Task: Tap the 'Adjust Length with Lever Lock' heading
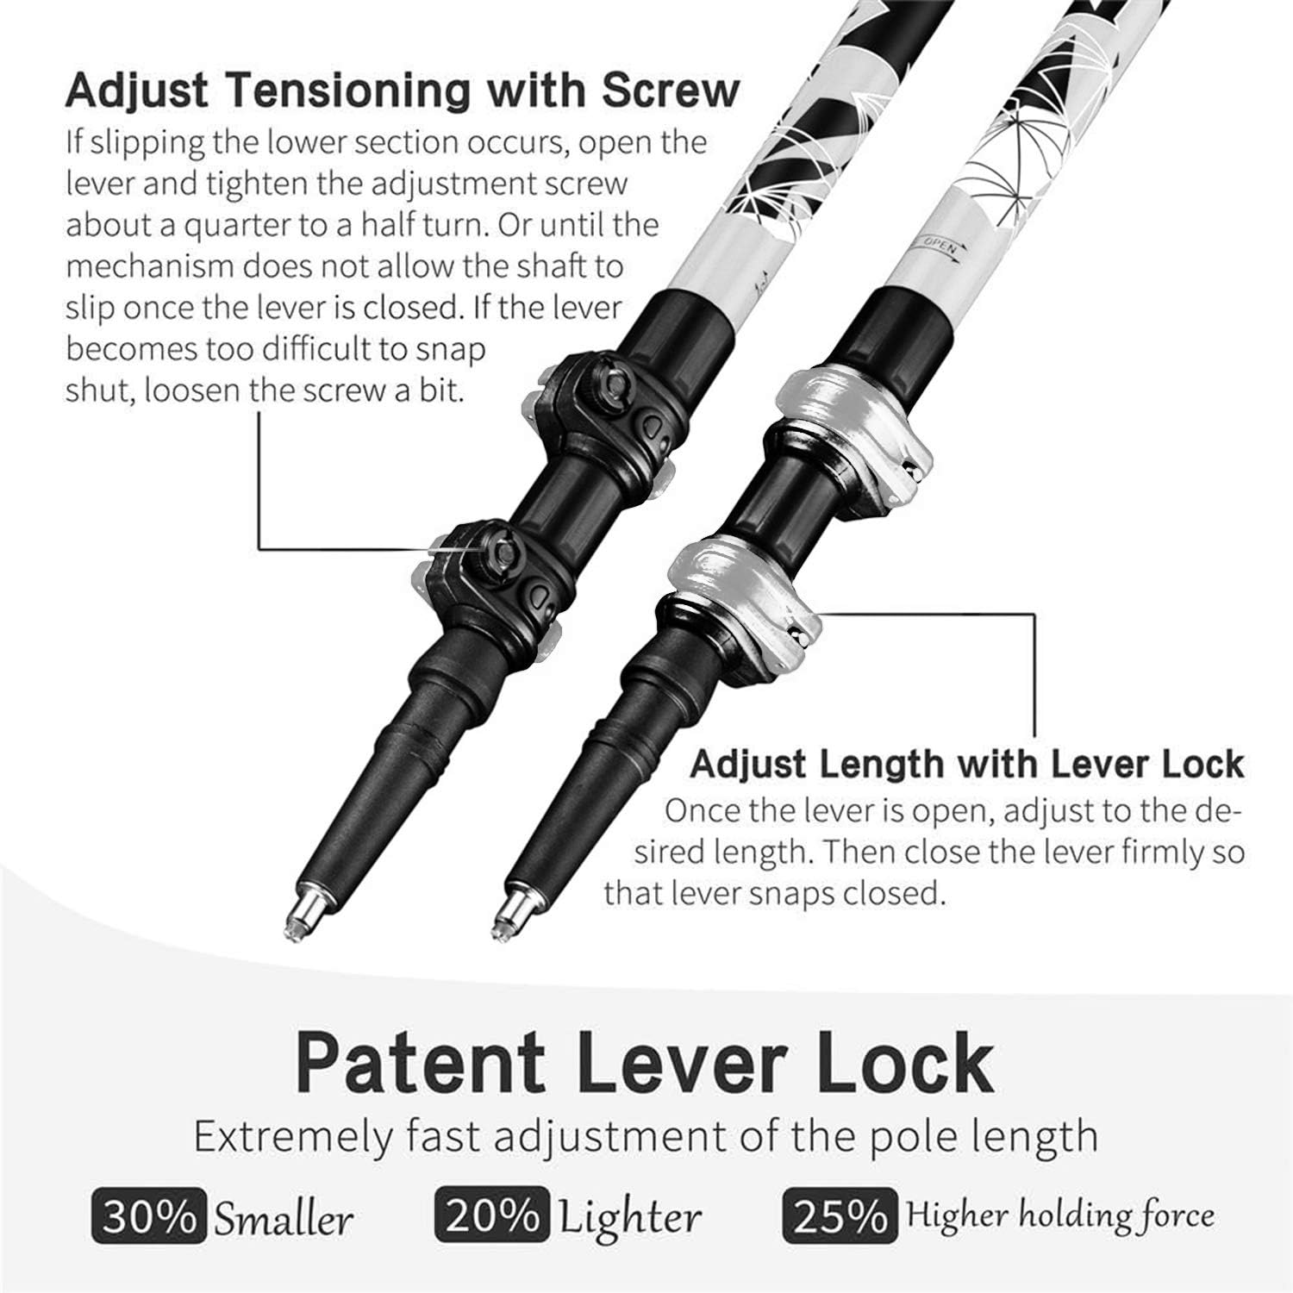(967, 765)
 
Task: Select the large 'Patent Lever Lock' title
(644, 1064)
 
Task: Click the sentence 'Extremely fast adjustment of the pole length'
(646, 1136)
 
